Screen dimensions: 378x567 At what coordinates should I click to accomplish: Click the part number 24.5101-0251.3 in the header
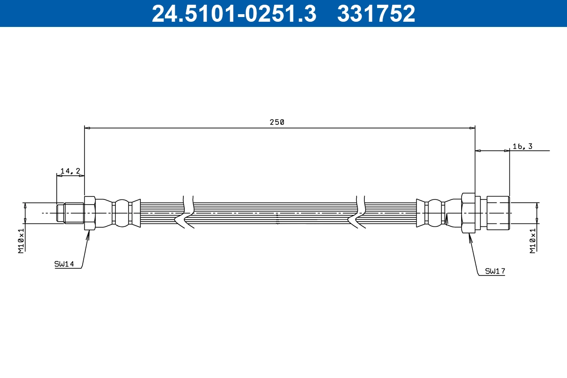point(233,13)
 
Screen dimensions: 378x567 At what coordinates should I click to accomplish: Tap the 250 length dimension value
point(277,122)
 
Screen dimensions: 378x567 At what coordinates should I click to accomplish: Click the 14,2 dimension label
point(70,171)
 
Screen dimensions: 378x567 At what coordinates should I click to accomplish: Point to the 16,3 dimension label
point(522,146)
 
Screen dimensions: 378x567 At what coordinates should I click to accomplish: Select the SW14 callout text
point(64,265)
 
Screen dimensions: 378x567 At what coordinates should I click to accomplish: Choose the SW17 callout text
point(495,271)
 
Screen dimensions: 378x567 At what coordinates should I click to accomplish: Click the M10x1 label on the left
point(21,241)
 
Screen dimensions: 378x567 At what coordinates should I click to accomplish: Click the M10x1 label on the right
point(533,241)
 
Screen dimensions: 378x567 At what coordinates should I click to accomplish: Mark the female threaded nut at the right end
point(498,213)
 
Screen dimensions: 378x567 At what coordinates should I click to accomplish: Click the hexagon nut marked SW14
point(90,213)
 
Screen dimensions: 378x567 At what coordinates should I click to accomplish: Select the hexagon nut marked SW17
point(468,213)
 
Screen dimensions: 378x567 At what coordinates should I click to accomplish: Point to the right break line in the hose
point(360,213)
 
